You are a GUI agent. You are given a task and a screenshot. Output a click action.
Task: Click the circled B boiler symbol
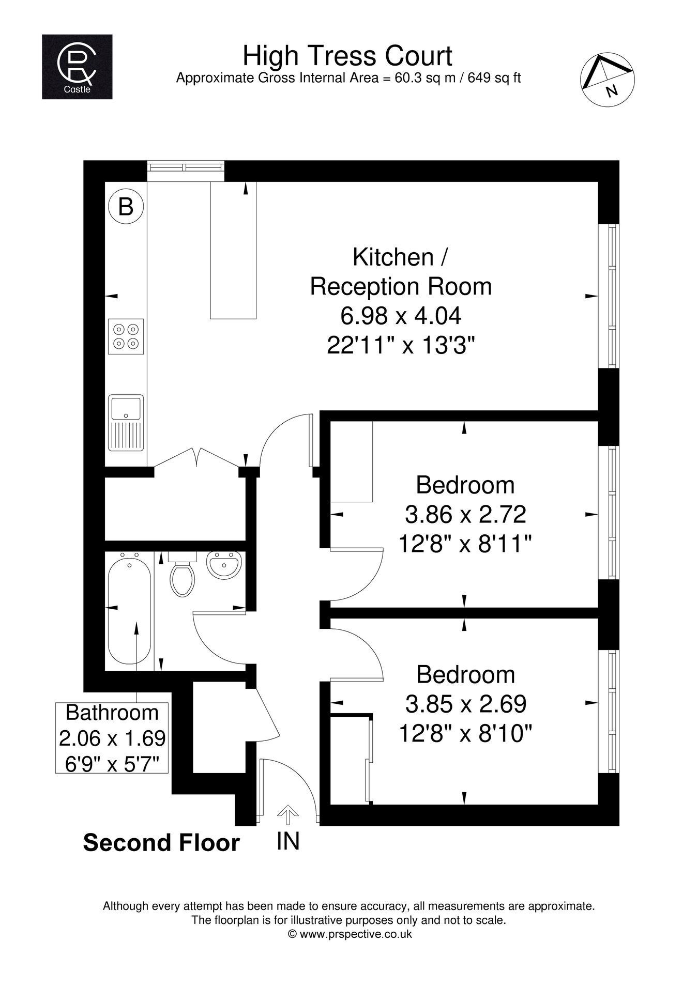(126, 207)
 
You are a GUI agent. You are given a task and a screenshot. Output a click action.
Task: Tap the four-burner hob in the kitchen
(126, 336)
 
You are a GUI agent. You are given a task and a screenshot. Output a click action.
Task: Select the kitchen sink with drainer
(126, 423)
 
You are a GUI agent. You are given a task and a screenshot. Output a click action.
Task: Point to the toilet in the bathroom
(182, 575)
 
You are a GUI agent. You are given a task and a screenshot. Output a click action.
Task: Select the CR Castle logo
(77, 67)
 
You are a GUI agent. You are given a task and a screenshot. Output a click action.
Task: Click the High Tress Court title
(347, 56)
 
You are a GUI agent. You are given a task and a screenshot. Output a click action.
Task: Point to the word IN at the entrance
(288, 841)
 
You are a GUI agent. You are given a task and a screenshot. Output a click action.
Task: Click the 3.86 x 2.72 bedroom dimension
(465, 514)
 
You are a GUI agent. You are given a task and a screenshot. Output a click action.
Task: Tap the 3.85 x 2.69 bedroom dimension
(466, 703)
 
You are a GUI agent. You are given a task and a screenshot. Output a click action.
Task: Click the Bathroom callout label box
(112, 737)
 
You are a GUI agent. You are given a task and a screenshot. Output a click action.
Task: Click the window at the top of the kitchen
(186, 171)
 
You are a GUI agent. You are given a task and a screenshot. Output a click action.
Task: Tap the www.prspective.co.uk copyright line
(350, 934)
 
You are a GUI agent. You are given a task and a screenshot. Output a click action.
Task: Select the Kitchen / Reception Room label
(401, 272)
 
